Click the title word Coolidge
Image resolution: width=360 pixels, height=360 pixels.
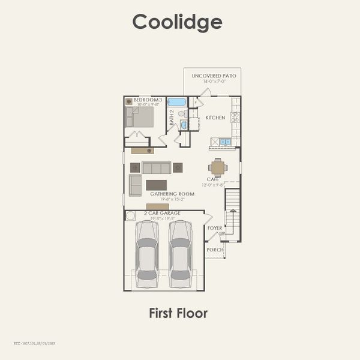click(178, 22)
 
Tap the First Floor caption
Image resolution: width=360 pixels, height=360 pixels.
click(178, 313)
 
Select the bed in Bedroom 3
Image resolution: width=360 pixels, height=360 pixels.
click(142, 116)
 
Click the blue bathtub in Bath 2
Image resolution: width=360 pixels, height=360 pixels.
click(176, 102)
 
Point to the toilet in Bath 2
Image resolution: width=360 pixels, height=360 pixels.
click(182, 113)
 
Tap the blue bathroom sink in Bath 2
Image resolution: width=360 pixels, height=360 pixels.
click(184, 125)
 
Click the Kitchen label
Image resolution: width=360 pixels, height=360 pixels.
click(215, 118)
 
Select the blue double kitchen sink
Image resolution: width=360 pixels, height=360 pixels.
click(225, 142)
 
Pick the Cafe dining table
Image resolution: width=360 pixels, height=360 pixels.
click(218, 167)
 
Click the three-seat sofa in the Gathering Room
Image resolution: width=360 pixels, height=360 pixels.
click(157, 167)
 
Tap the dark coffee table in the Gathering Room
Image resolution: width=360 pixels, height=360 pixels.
click(157, 185)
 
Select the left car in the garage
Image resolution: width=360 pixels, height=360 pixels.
click(146, 252)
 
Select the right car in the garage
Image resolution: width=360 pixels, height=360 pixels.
click(180, 252)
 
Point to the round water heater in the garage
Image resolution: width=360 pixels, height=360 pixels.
click(130, 216)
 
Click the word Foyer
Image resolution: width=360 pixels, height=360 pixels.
click(215, 228)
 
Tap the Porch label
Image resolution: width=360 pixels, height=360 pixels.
click(215, 250)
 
